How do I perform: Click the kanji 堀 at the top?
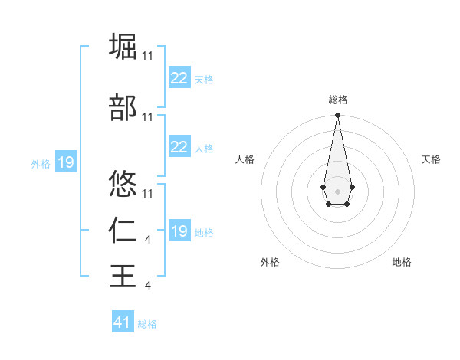(x=123, y=45)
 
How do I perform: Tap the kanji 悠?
(x=123, y=184)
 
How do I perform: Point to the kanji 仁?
(x=123, y=231)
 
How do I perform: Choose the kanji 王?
(x=123, y=275)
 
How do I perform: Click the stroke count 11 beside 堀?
(x=148, y=56)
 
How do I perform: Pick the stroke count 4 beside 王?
(x=147, y=286)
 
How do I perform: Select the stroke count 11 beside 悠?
(x=148, y=193)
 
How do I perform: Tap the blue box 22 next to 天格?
(x=179, y=77)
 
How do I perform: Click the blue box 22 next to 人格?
(x=179, y=147)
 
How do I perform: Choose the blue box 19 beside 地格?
(x=179, y=231)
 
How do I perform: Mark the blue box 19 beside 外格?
(x=65, y=162)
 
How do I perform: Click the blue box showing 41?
(x=123, y=322)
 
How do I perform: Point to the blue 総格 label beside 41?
(x=147, y=324)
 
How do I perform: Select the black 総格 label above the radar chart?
(x=337, y=100)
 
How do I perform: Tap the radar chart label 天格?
(x=431, y=159)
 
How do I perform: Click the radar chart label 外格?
(x=270, y=262)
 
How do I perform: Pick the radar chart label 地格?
(x=402, y=262)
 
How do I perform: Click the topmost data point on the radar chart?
(x=337, y=116)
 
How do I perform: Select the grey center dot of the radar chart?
(x=337, y=190)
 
